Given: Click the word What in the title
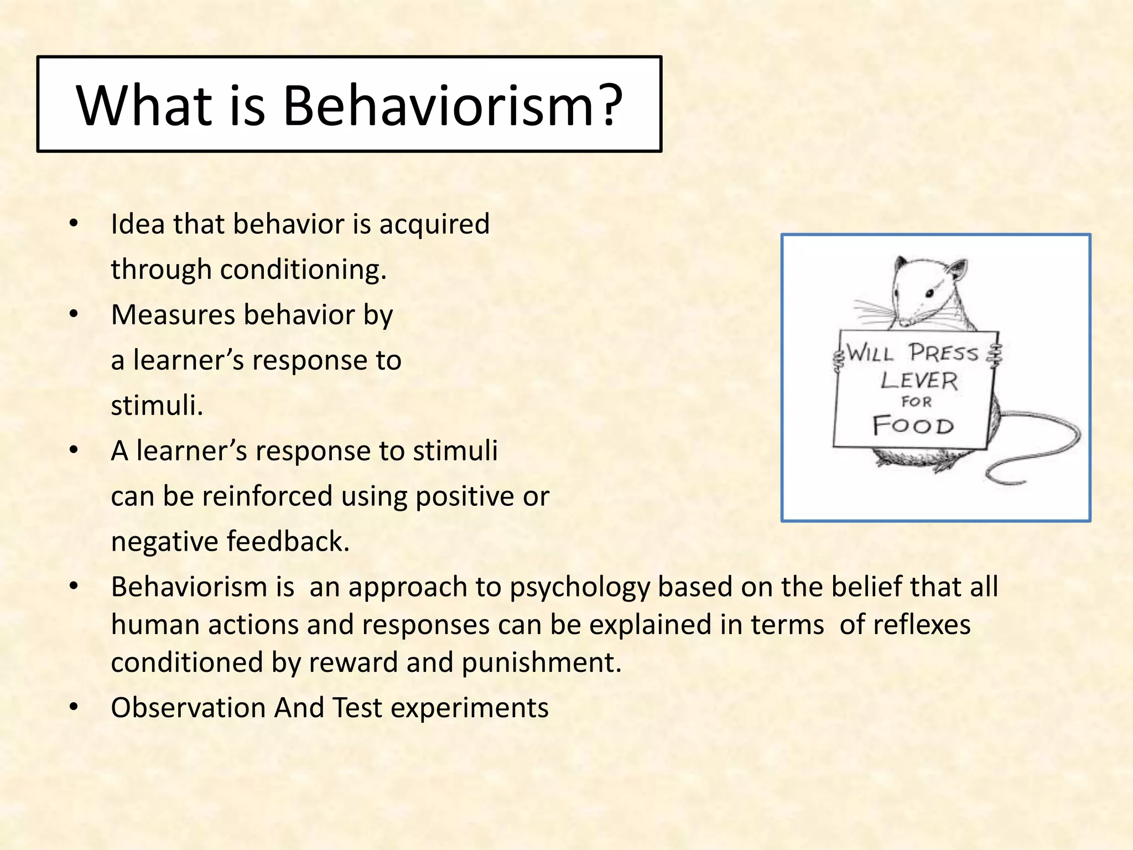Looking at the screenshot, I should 144,105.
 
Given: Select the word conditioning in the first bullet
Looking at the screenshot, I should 302,270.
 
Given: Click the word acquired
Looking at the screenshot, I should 434,225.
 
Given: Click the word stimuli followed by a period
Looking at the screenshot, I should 157,406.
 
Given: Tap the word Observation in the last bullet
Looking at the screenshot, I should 188,708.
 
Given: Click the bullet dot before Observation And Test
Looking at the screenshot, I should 74,707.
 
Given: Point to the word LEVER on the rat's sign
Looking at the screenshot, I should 919,380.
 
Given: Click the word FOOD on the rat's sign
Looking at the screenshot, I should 913,426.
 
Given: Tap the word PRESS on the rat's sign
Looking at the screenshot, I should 943,353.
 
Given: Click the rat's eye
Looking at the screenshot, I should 932,292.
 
